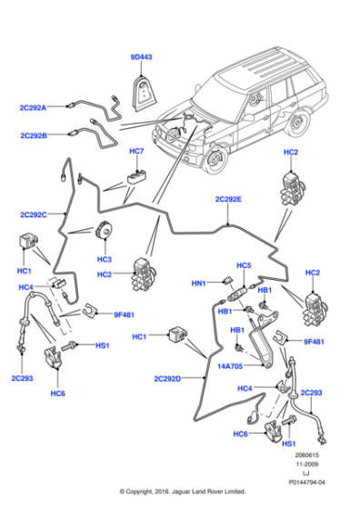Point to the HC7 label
(136, 150)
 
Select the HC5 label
(243, 265)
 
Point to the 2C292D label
(168, 377)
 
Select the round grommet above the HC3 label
(105, 235)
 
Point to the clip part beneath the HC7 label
(139, 172)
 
